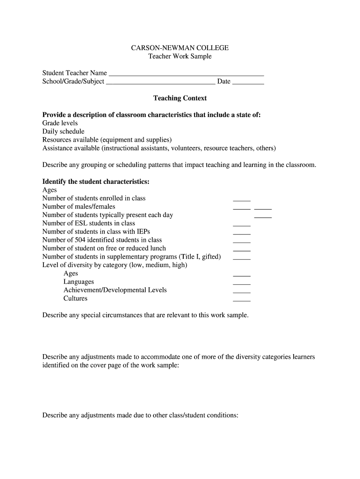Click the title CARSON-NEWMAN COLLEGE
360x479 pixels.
pyautogui.click(x=180, y=48)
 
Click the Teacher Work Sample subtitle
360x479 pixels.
pyautogui.click(x=180, y=56)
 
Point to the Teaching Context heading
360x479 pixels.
pyautogui.click(x=180, y=98)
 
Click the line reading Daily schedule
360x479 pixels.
pyautogui.click(x=63, y=131)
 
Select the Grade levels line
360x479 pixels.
pyautogui.click(x=60, y=123)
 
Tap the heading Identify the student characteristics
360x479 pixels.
pyautogui.click(x=96, y=181)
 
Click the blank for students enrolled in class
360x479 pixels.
pyautogui.click(x=242, y=200)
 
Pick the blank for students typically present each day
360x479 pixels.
pyautogui.click(x=263, y=217)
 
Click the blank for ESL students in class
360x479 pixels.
pyautogui.click(x=242, y=225)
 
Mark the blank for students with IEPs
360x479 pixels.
pyautogui.click(x=242, y=233)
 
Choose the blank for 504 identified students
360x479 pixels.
pyautogui.click(x=242, y=242)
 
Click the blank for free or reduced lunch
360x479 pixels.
pyautogui.click(x=242, y=250)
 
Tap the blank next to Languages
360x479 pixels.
pyautogui.click(x=242, y=283)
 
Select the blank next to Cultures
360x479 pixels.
pyautogui.click(x=242, y=300)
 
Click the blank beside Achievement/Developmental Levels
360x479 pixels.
pyautogui.click(x=242, y=292)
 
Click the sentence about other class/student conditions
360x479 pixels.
pyautogui.click(x=140, y=415)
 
